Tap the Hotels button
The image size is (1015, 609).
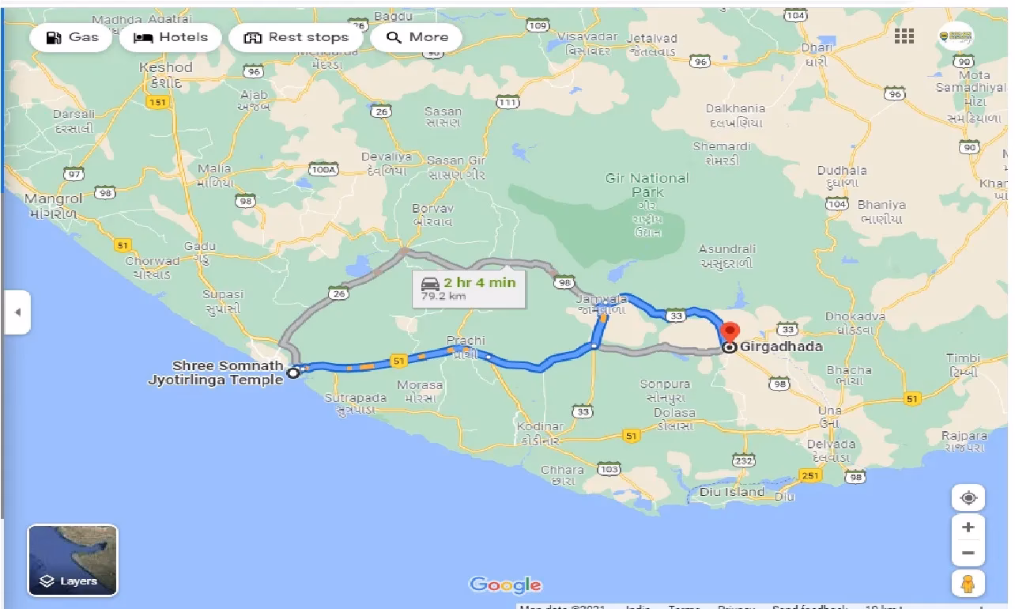tap(171, 37)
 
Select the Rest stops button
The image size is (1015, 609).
tap(296, 37)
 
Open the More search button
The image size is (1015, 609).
tap(417, 37)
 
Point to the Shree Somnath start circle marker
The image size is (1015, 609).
tap(293, 372)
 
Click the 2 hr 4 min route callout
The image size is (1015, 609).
tap(470, 289)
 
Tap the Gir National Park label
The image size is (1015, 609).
tap(647, 185)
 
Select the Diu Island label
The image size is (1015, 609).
tap(732, 492)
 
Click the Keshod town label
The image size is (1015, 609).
tap(166, 68)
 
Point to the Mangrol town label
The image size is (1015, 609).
tap(53, 199)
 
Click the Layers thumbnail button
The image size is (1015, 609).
tap(73, 560)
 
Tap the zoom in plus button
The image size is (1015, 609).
tap(968, 527)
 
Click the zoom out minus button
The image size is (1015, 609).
tap(968, 553)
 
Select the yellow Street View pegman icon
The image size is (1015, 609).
tap(968, 585)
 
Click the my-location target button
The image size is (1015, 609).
tap(968, 498)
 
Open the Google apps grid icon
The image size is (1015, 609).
tap(904, 36)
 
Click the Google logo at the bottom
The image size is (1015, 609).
tap(506, 585)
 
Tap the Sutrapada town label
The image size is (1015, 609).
tap(356, 398)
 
